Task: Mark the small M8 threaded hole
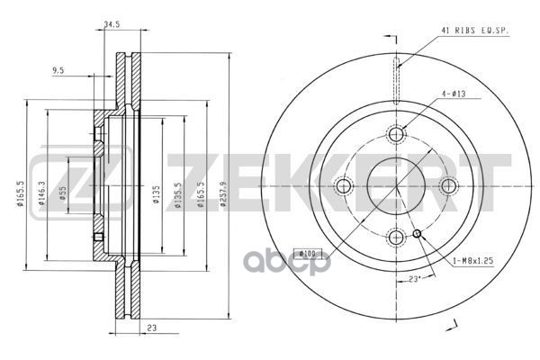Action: click(417, 236)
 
